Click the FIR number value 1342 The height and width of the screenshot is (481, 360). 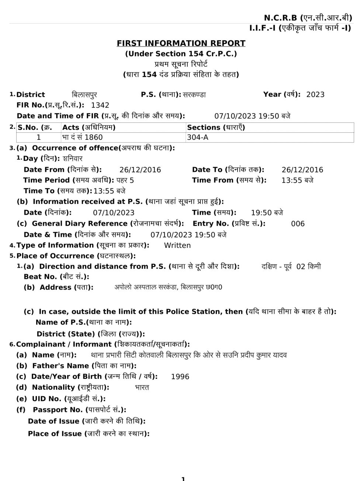coord(100,105)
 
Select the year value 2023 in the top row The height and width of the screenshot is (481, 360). coord(315,94)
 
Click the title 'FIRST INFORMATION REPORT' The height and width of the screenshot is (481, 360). coord(181,43)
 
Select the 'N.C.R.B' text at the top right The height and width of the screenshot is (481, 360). coord(280,18)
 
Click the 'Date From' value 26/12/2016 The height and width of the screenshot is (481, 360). coord(140,170)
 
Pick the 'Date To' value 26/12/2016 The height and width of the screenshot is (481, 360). coord(302,170)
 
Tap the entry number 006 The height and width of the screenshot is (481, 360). coord(298,224)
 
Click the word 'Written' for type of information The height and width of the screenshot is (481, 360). coord(177,245)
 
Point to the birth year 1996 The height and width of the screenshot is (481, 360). coord(180,377)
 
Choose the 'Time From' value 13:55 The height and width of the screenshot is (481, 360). coord(292,180)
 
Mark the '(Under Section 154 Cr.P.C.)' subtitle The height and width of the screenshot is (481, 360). coord(181,54)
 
